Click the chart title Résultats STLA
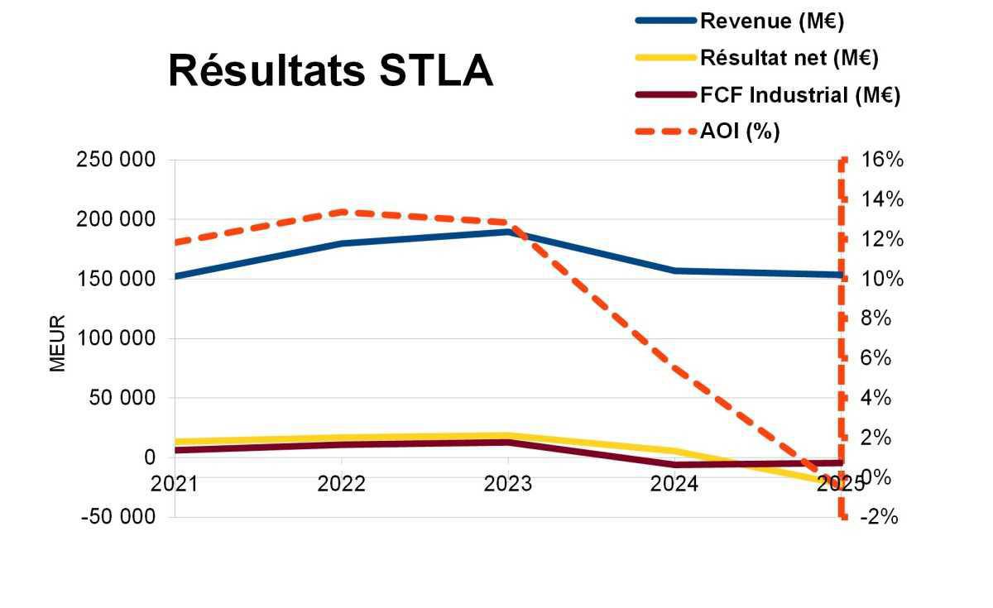tap(330, 70)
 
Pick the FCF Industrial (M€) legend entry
tap(799, 94)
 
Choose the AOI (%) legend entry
tap(740, 131)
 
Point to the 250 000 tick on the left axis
tap(116, 160)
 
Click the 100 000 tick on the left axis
tap(116, 338)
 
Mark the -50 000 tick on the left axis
tap(116, 517)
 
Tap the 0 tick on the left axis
tap(149, 457)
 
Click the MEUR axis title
tap(57, 343)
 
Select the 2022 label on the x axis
tap(341, 484)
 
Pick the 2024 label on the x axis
tap(674, 484)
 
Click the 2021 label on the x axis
tap(175, 484)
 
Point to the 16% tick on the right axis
tap(882, 160)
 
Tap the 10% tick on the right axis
tap(882, 280)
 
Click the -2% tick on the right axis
tap(879, 517)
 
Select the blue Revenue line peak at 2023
tap(508, 232)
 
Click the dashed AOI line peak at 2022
tap(341, 212)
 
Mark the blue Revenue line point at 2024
tap(674, 270)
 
